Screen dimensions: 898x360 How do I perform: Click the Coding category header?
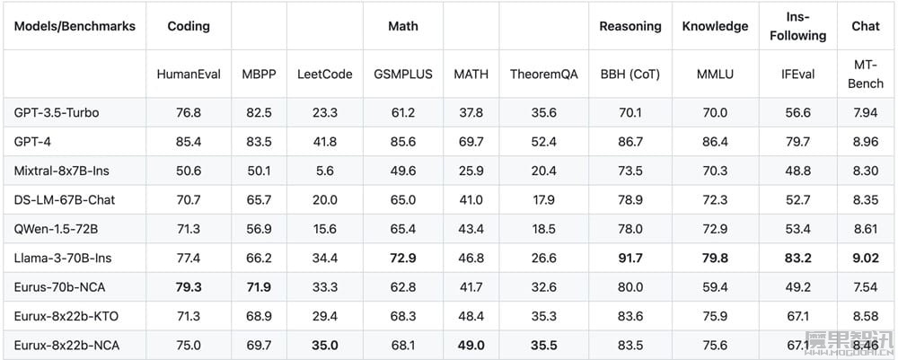point(189,26)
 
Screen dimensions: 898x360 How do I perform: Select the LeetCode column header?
point(325,75)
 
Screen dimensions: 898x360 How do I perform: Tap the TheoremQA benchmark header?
point(543,75)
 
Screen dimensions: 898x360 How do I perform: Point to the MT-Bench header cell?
point(866,75)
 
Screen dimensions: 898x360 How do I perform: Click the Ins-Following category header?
point(797,26)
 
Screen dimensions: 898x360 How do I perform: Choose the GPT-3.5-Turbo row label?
point(56,113)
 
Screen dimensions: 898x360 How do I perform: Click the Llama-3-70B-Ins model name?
point(63,259)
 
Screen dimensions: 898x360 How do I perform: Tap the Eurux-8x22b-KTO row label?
point(66,316)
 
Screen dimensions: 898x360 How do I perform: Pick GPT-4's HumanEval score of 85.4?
point(189,141)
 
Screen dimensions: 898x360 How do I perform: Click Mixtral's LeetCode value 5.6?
point(325,171)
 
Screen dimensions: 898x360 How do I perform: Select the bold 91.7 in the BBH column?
point(630,259)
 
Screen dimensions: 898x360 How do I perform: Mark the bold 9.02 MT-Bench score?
point(866,259)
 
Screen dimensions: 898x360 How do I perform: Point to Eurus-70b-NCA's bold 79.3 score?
point(189,286)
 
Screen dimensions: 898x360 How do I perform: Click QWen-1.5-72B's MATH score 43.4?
point(471,229)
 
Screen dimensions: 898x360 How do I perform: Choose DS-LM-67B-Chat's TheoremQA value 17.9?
point(543,199)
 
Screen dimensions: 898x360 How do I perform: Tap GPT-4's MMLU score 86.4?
point(715,141)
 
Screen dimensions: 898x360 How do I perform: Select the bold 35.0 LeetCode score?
point(325,345)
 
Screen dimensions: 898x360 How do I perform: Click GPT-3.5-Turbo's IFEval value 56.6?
point(797,113)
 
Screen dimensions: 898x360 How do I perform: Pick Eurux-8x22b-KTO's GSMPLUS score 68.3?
point(402,316)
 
